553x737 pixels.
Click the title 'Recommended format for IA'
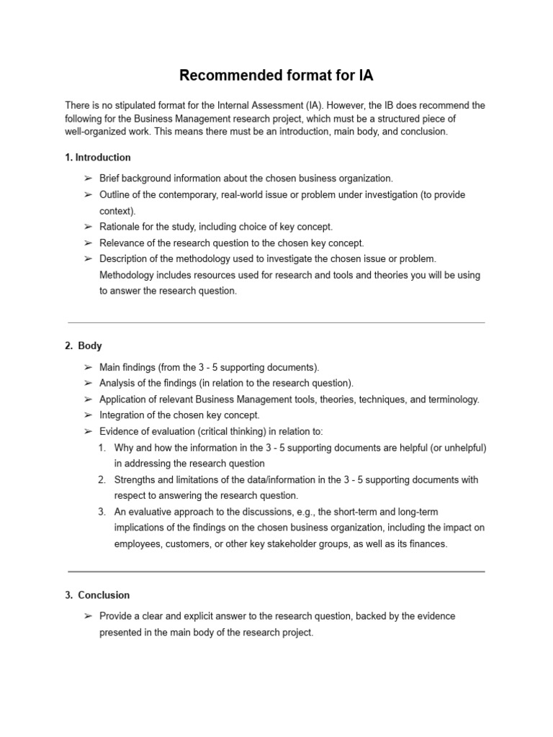pos(276,75)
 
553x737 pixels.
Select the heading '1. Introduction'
pos(98,157)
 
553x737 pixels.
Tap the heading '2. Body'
pos(84,345)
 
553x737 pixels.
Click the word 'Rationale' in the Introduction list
pos(119,227)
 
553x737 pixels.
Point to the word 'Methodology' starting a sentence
pos(126,275)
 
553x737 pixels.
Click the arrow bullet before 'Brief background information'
pos(87,178)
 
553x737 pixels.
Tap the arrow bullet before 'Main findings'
pos(87,367)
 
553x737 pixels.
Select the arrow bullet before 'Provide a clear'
pos(87,616)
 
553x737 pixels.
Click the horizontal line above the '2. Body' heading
pos(276,322)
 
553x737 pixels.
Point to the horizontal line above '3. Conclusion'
pos(276,571)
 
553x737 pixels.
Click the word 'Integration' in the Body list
pos(121,415)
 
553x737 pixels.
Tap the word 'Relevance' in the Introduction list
pos(120,243)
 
